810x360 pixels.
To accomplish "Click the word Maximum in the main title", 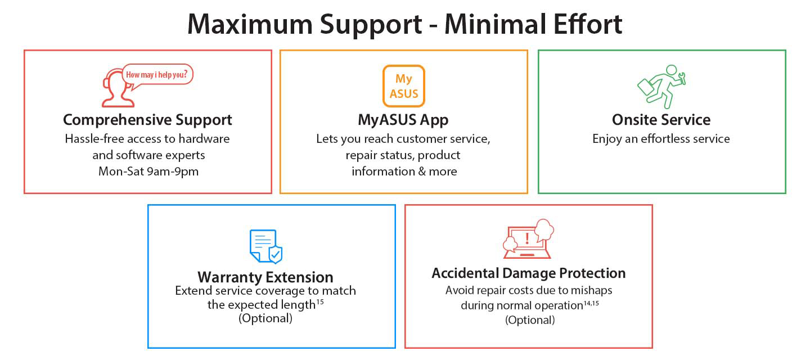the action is [x=250, y=25].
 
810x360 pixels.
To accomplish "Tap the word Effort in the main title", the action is [x=588, y=24].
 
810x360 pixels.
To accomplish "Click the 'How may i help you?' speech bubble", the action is [x=157, y=76].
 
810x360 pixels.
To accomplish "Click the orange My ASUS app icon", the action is [x=403, y=86].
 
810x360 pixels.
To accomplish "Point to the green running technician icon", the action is [x=661, y=87].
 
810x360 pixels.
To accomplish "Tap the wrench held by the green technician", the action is [x=682, y=78].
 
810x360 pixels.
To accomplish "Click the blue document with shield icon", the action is [x=265, y=246].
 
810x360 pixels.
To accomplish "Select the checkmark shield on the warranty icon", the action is [x=276, y=255].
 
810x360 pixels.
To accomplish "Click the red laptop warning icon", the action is [x=528, y=239].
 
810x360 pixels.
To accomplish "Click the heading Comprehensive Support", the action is [x=147, y=120].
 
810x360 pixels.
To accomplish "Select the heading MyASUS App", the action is [x=403, y=120].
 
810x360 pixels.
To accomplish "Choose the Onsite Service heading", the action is [x=661, y=120].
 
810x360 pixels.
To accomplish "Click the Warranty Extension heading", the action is [x=265, y=277].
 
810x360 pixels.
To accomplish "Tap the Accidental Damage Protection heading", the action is [x=529, y=273].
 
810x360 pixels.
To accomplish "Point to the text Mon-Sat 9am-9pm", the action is [x=148, y=172].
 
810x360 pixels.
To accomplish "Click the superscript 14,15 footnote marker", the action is [x=591, y=303].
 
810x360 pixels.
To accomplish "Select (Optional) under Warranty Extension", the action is [x=265, y=318].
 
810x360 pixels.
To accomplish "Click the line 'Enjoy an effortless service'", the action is [x=661, y=139].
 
